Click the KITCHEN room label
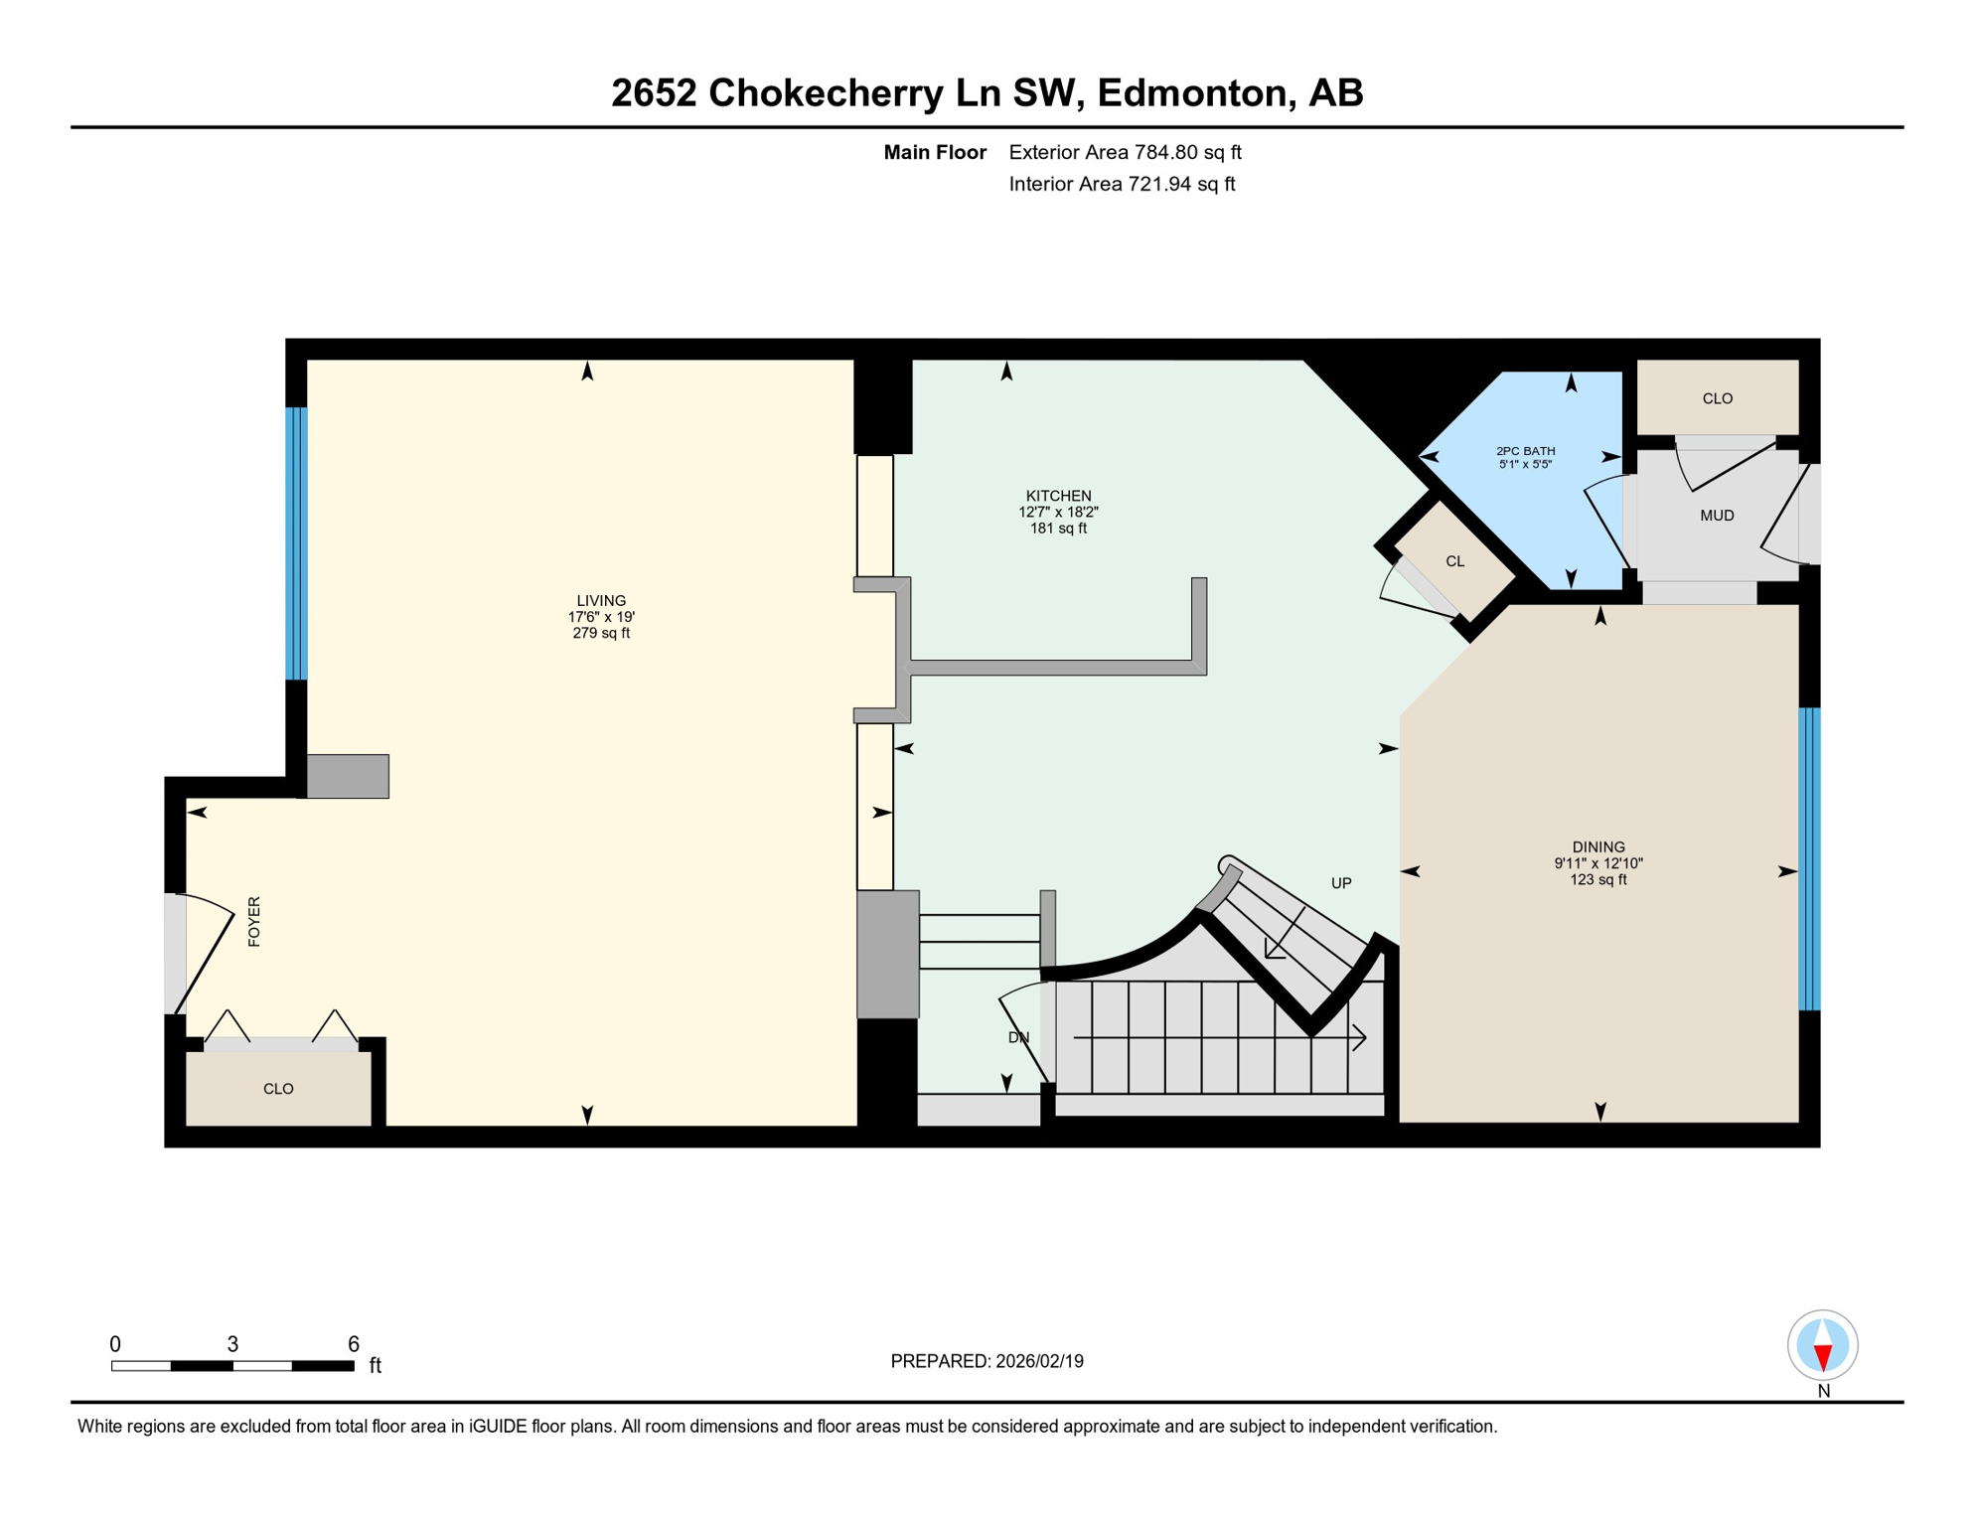(x=1058, y=496)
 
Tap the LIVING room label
(x=601, y=601)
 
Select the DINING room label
(x=1598, y=847)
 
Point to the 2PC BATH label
(x=1526, y=451)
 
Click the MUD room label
(x=1717, y=516)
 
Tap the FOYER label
(x=254, y=921)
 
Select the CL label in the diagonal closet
(x=1454, y=561)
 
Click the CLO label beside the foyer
(x=278, y=1089)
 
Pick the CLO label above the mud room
(x=1718, y=398)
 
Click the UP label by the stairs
(x=1341, y=883)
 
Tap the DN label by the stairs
(x=1018, y=1037)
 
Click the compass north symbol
(x=1822, y=1346)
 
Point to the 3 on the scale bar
(x=232, y=1344)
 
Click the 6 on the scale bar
(x=353, y=1344)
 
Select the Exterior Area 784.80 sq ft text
(x=1125, y=152)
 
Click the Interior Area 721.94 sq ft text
(x=1122, y=184)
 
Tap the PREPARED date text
(x=987, y=1361)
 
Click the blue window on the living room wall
(x=296, y=543)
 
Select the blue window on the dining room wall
(x=1809, y=859)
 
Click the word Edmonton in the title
(x=1191, y=92)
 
